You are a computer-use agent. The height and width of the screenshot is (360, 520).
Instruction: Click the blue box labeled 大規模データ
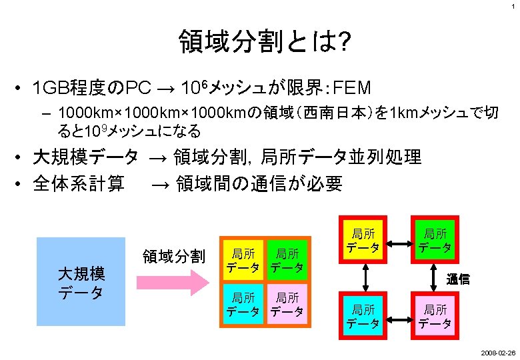(81, 281)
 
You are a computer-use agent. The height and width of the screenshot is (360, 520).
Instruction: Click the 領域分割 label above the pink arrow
(174, 256)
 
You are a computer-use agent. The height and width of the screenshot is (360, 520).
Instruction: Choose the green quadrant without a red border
(287, 260)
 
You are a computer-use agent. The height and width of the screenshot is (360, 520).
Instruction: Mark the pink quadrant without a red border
(287, 303)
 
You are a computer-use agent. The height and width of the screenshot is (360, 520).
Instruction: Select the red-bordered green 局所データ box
(435, 240)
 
